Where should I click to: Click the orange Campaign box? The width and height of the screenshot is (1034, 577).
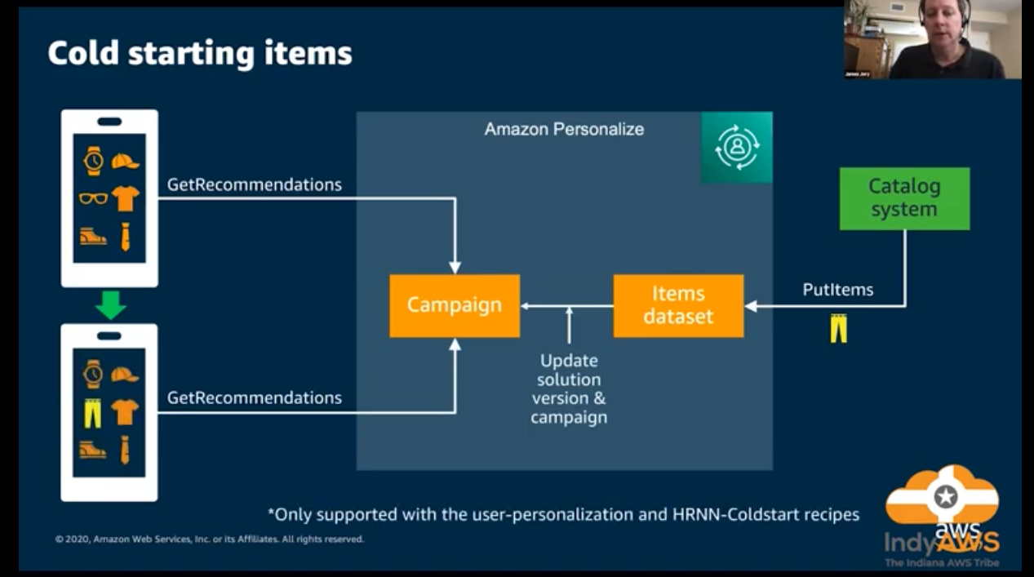(x=455, y=305)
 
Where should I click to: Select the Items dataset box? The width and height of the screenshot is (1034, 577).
(x=678, y=305)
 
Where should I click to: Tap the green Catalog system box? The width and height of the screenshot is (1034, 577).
(x=904, y=198)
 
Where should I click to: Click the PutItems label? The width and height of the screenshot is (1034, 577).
(x=837, y=290)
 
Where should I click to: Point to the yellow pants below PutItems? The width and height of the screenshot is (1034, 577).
(x=838, y=327)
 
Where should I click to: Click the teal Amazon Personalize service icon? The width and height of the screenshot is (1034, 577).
(x=736, y=148)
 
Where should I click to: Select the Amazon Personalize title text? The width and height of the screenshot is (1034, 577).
(x=564, y=129)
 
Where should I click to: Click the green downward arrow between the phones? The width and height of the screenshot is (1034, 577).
(x=110, y=305)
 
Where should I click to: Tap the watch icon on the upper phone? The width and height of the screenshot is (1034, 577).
(x=94, y=161)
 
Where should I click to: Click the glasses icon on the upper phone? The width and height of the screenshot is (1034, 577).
(x=94, y=198)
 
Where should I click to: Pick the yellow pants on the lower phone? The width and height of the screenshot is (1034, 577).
(x=93, y=412)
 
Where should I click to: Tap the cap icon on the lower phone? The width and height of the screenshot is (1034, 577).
(x=125, y=375)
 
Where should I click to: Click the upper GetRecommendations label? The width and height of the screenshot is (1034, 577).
(x=255, y=184)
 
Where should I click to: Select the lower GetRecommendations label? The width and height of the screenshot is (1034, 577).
(x=255, y=397)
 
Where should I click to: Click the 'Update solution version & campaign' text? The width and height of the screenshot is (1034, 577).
(x=569, y=388)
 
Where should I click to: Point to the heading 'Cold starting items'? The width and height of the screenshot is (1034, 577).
(x=200, y=53)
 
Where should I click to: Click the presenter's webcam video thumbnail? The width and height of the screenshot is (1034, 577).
(x=932, y=39)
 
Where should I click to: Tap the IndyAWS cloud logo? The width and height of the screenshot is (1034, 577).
(x=943, y=514)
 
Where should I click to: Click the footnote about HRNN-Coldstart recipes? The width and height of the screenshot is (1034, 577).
(x=563, y=514)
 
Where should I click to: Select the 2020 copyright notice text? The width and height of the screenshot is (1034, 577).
(x=210, y=539)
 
